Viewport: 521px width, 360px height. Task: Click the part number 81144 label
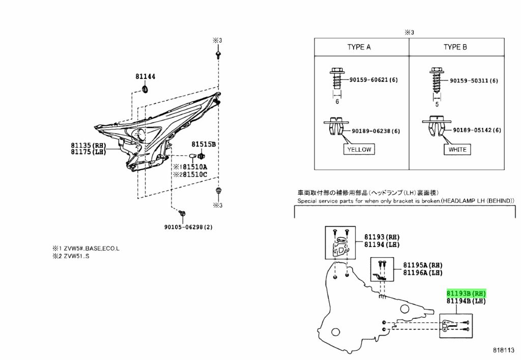click(x=145, y=76)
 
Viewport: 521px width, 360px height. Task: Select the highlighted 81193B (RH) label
click(x=466, y=293)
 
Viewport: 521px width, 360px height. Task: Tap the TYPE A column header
click(x=359, y=47)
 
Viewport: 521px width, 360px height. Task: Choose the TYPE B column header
click(x=455, y=47)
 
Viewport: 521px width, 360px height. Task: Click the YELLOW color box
click(x=359, y=150)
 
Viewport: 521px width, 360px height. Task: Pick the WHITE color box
click(x=457, y=150)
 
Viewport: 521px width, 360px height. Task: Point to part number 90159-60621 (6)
click(x=373, y=80)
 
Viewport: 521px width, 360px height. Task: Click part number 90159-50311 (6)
click(x=474, y=80)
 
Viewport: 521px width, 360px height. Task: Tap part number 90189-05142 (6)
click(x=477, y=130)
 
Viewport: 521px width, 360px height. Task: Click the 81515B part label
click(x=204, y=144)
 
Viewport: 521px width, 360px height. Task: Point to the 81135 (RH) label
click(x=88, y=145)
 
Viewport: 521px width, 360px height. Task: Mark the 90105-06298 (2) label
click(x=188, y=227)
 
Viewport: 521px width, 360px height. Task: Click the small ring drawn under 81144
click(x=145, y=90)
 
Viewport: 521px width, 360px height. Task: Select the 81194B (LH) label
click(x=466, y=301)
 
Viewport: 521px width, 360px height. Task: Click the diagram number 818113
click(x=503, y=350)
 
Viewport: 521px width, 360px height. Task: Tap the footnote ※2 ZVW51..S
click(x=71, y=256)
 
